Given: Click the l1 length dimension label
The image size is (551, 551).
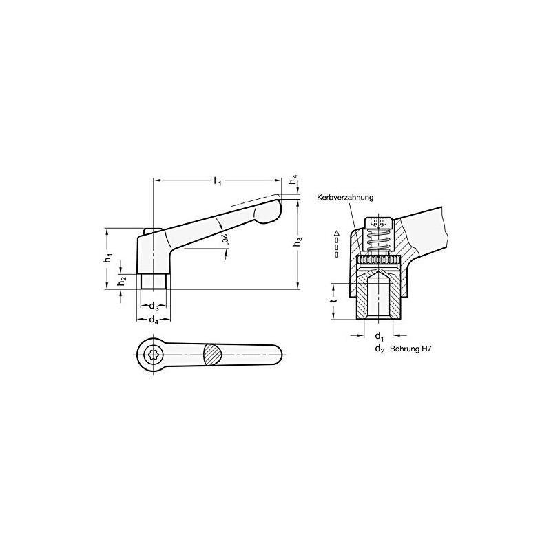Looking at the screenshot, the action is tap(218, 181).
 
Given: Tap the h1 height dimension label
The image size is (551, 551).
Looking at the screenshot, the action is tap(108, 258).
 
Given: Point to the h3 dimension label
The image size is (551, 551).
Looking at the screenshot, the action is tap(298, 242).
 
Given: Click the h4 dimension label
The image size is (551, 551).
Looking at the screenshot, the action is tap(294, 180).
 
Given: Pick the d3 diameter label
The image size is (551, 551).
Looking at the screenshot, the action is tap(154, 306).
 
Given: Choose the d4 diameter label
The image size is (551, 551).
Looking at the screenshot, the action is tap(154, 320).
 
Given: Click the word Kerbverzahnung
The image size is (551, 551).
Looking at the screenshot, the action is tap(345, 198).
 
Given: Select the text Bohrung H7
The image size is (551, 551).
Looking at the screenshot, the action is tap(410, 349).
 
